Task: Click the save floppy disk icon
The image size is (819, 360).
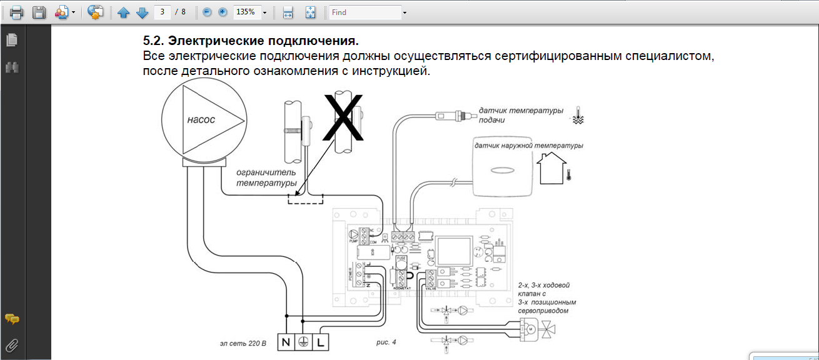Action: coord(39,12)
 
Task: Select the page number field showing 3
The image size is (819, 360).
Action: coord(164,12)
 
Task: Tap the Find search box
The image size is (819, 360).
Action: coord(365,12)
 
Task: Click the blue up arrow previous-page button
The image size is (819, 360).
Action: coord(124,12)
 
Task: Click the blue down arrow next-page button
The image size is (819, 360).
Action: coord(142,12)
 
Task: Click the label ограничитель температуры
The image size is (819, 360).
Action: coord(266,177)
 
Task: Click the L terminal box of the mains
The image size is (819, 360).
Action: coord(320,342)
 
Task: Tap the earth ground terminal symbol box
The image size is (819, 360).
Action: coord(303,342)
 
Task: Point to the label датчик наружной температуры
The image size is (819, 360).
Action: coord(529,146)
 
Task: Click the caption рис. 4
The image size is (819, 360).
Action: coord(386,342)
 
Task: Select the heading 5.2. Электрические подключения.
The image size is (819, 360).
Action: coord(251,42)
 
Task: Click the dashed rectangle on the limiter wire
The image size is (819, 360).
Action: coord(305,199)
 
